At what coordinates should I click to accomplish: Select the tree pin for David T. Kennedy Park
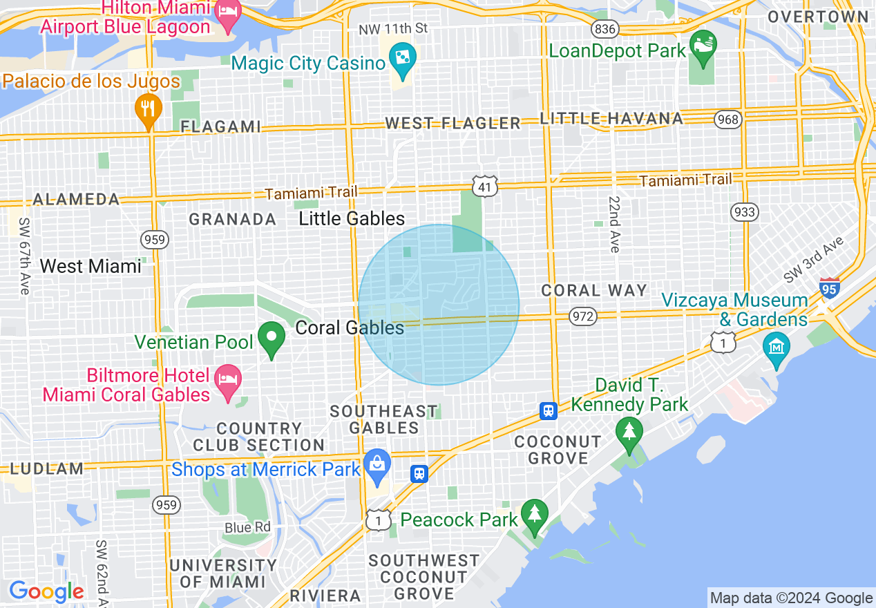point(629,433)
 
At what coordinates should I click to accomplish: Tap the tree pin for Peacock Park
point(533,515)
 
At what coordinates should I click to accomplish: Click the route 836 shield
point(604,28)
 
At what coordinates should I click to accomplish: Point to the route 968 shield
point(728,120)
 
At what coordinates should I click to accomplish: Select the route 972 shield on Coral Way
point(582,316)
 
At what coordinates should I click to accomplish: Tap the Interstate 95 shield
point(829,287)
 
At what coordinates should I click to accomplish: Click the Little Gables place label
point(352,219)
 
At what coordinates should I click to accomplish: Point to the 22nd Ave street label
point(614,223)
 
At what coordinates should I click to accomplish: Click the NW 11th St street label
point(394,30)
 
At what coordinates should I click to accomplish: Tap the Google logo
point(46,591)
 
